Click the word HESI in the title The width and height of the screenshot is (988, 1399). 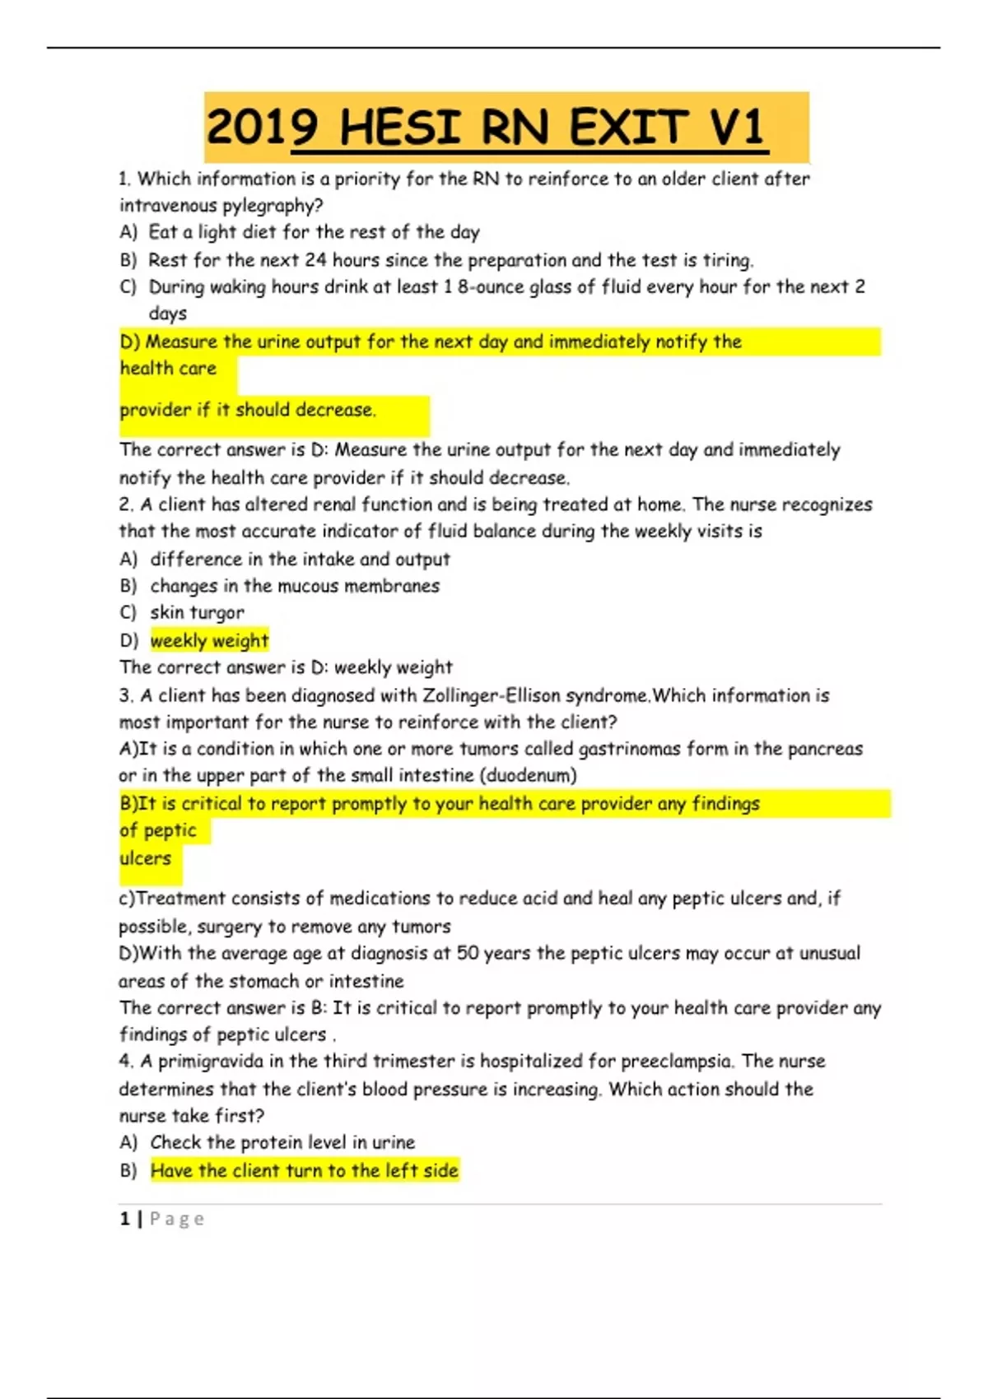click(x=399, y=128)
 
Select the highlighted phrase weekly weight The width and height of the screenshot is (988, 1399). click(x=209, y=640)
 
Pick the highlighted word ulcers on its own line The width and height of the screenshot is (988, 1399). click(x=146, y=858)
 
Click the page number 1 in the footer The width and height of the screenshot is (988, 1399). click(x=124, y=1219)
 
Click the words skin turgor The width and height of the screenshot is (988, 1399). click(x=197, y=613)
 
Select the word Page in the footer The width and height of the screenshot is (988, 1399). click(x=176, y=1219)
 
